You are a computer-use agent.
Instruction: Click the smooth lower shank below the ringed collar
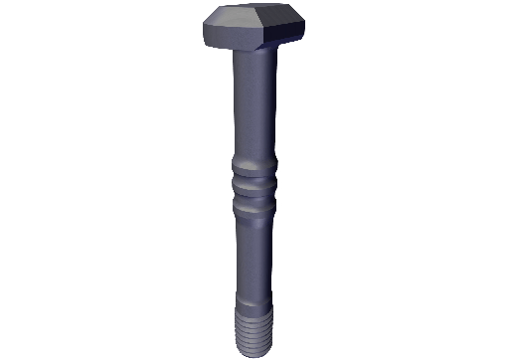253,249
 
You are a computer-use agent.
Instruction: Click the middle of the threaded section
253,330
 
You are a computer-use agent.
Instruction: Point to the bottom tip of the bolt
253,353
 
